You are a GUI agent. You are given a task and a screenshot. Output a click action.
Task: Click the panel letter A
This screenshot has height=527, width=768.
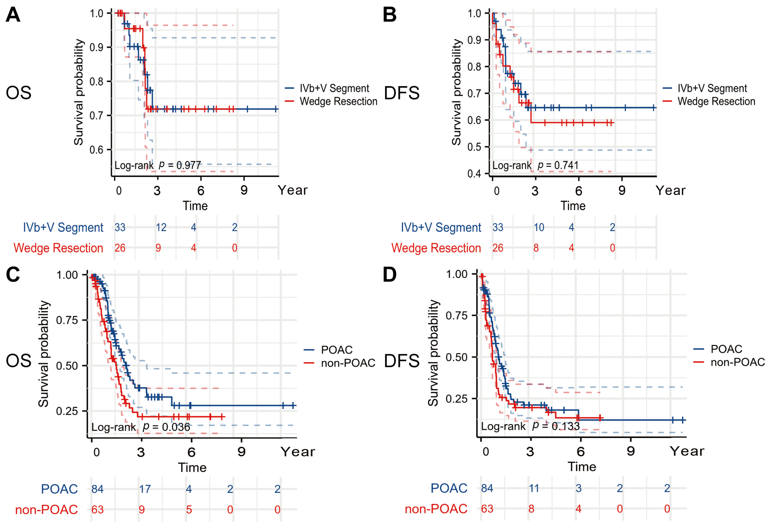(13, 15)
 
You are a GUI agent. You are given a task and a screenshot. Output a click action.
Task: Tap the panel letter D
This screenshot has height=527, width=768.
(390, 274)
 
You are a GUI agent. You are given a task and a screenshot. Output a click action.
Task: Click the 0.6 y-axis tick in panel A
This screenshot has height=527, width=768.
(96, 150)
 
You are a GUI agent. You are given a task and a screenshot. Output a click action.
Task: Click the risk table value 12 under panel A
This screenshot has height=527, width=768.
(161, 227)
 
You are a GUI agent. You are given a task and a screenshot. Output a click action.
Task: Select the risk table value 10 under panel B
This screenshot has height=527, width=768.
(539, 227)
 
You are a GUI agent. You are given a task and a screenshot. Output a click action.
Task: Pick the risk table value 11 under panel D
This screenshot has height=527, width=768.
(534, 488)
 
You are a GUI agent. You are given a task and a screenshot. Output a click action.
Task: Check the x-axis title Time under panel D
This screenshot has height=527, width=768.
(582, 467)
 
